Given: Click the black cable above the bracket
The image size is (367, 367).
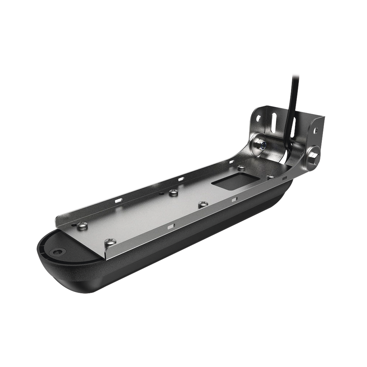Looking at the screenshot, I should [295, 93].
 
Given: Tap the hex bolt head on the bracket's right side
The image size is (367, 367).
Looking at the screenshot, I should [313, 156].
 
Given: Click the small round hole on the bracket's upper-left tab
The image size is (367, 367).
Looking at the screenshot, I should [258, 117].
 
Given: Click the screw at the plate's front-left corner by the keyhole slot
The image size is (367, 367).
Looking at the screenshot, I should [82, 225].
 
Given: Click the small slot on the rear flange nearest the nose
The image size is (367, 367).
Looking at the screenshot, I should [118, 201].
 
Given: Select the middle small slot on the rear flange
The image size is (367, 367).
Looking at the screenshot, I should [180, 178].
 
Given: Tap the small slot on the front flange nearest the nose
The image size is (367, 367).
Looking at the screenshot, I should [172, 226].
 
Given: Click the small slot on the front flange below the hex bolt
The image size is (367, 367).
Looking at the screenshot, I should [285, 178].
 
